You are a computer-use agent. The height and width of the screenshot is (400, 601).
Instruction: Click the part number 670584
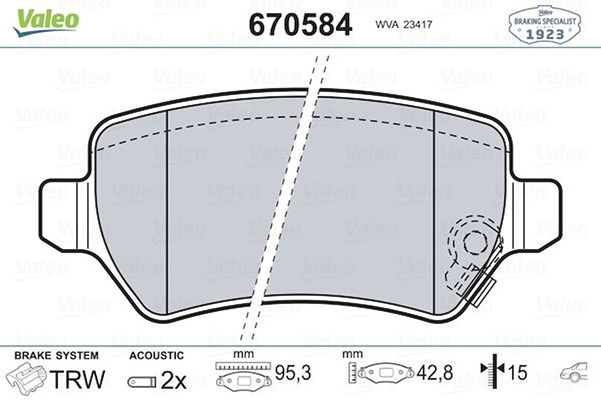click(x=300, y=24)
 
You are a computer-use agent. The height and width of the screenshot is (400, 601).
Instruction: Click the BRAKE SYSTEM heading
click(x=56, y=355)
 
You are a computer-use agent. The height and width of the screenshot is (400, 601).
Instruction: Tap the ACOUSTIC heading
click(x=156, y=355)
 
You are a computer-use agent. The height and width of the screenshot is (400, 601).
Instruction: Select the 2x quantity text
click(x=174, y=380)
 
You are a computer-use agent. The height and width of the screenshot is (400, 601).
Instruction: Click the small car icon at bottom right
click(x=574, y=373)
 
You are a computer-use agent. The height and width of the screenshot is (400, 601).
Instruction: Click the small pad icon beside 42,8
click(x=387, y=374)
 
